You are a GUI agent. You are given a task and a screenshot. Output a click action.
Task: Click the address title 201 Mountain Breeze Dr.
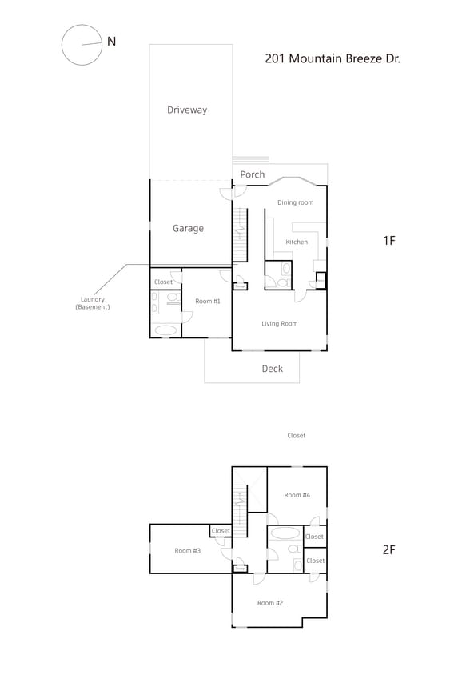pos(332,58)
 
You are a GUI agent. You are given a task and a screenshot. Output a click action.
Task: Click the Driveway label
pos(187,110)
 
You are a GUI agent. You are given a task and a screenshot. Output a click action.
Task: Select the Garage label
pos(188,228)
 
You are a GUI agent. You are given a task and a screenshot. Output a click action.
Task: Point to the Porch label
pos(253,174)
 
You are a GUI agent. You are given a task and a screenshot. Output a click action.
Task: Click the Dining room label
pos(295,202)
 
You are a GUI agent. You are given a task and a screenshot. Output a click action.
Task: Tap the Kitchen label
pos(297,242)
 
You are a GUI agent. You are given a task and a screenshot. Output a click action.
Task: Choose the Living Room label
pos(280,323)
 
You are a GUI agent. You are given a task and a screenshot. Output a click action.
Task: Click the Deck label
pos(273,369)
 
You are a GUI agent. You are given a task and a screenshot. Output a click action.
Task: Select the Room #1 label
pos(208,301)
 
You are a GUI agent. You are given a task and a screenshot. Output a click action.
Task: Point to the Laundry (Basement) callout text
pos(93,303)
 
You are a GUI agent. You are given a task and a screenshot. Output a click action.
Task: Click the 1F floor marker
pos(389,240)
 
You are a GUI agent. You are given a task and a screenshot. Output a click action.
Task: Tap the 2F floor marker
pos(389,549)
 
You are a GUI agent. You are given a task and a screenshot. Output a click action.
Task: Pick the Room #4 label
pos(297,495)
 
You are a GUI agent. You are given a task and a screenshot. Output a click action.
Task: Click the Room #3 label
pos(188,550)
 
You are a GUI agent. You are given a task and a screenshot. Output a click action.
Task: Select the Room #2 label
pos(269,602)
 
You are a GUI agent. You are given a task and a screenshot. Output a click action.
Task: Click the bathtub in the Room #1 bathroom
pos(166,329)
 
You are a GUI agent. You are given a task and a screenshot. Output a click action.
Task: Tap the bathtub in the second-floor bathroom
pos(285,533)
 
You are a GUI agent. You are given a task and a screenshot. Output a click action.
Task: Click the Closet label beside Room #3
pos(221,531)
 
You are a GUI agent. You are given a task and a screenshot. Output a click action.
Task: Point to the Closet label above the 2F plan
pos(297,436)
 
